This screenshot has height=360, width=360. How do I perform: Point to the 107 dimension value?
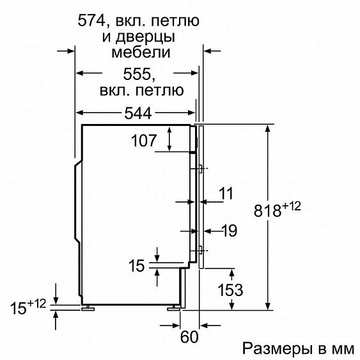tap(143, 140)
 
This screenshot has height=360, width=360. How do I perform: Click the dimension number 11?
tap(226, 192)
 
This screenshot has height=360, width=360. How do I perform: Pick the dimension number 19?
tap(229, 232)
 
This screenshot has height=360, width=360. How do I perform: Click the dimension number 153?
tap(229, 290)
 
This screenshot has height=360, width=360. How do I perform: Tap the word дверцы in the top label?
tap(151, 37)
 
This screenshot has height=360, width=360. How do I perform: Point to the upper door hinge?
tap(201, 169)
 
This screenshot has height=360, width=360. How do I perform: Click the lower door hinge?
tap(201, 250)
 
